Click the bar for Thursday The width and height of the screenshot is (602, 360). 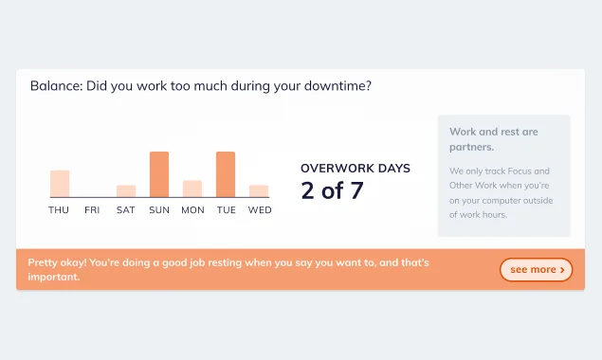click(x=60, y=184)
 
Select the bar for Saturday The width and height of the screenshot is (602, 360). click(x=126, y=191)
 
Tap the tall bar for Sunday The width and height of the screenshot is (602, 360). click(x=159, y=174)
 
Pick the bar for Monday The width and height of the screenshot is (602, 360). click(x=192, y=189)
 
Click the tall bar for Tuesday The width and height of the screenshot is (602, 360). click(x=226, y=174)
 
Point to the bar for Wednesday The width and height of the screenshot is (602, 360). click(x=259, y=191)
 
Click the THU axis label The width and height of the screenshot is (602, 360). click(x=59, y=210)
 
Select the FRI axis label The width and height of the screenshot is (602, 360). click(x=92, y=210)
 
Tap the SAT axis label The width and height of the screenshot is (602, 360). click(x=126, y=210)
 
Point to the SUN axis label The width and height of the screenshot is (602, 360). click(x=159, y=210)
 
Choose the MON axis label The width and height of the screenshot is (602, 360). click(x=192, y=210)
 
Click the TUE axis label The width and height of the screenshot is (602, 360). click(x=226, y=210)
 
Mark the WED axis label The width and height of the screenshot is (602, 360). click(x=260, y=210)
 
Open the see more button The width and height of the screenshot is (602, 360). click(x=536, y=270)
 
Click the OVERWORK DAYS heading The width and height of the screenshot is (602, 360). click(x=356, y=169)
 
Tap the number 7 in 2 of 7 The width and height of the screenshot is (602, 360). click(x=356, y=190)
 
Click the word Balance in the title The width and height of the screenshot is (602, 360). click(x=55, y=86)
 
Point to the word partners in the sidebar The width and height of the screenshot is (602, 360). click(x=472, y=147)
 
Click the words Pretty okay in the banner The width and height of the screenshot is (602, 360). click(x=58, y=262)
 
